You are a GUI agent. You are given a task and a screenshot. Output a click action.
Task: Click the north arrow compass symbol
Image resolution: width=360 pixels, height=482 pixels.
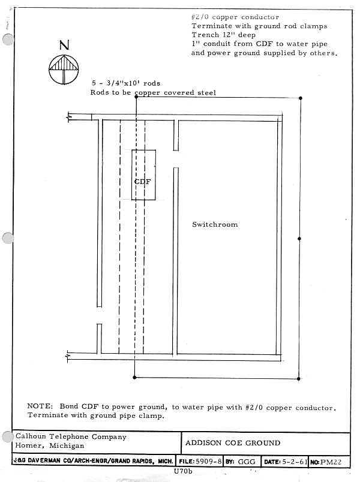click(x=64, y=69)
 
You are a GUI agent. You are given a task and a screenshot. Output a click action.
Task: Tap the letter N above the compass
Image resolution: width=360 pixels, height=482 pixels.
click(x=64, y=46)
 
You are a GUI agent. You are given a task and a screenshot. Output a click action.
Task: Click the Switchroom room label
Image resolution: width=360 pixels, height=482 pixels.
click(x=215, y=224)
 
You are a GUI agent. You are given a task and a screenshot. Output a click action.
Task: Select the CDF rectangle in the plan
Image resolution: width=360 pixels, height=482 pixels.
click(x=144, y=174)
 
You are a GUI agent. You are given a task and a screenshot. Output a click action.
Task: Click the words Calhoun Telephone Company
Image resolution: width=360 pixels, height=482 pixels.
click(x=71, y=437)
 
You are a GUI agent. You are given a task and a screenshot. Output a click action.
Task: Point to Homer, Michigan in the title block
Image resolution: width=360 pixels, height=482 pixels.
click(x=50, y=447)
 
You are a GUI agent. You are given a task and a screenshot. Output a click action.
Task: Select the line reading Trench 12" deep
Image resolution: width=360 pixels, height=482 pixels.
click(x=223, y=35)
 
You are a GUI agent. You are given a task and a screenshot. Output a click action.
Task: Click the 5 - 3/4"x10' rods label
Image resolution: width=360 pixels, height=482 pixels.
click(x=126, y=83)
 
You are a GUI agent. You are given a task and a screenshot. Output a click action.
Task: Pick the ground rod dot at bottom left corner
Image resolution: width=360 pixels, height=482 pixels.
click(x=134, y=378)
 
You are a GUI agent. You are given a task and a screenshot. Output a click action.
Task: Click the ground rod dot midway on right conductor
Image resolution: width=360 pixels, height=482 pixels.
click(x=299, y=238)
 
